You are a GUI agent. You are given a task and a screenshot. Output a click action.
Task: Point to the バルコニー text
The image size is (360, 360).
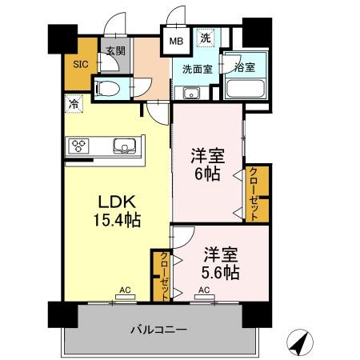tap(159, 329)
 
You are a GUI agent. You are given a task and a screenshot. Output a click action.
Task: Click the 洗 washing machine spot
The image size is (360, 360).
tap(205, 38)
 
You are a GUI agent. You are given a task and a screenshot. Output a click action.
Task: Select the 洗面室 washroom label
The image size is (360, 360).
tap(195, 70)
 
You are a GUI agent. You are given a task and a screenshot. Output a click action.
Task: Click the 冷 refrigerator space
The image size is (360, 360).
tap(74, 103)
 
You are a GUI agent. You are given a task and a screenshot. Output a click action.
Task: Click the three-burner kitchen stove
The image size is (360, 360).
tap(80, 146)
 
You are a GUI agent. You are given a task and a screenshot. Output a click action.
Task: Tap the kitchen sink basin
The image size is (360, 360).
tap(126, 146)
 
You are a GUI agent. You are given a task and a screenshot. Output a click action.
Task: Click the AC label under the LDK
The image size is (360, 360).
tap(125, 290)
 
